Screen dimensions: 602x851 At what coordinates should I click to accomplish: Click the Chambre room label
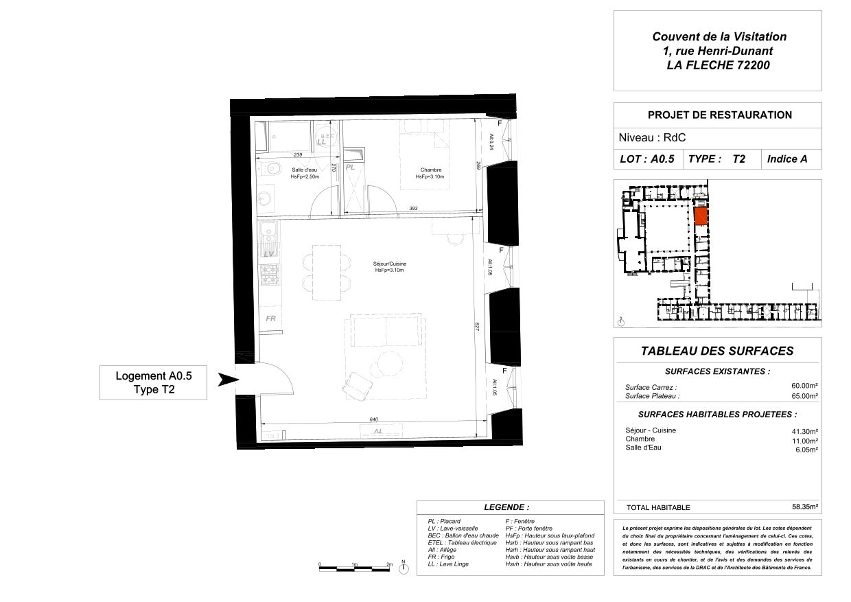coord(430,170)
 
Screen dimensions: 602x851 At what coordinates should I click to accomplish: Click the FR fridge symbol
coord(270,319)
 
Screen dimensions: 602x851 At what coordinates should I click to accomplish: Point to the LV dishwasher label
coord(269,254)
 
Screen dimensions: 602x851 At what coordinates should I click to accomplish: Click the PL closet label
coord(350,167)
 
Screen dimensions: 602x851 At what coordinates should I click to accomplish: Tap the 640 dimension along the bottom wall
coord(373,419)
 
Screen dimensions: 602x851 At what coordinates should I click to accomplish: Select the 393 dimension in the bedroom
coord(413,208)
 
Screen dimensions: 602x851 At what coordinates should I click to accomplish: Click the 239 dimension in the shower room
coord(298,154)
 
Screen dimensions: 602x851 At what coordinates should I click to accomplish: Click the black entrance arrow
coord(227,380)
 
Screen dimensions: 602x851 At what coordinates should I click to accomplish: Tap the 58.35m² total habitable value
coord(805,507)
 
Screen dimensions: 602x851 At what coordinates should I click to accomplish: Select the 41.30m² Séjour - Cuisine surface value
coord(805,430)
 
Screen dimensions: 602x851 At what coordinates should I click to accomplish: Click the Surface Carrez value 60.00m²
coord(805,386)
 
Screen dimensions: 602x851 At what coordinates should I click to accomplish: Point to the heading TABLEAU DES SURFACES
coord(716,351)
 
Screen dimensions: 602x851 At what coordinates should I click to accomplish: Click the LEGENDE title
coord(506,507)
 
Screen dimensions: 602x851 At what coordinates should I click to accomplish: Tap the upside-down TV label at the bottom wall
coord(376,430)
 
